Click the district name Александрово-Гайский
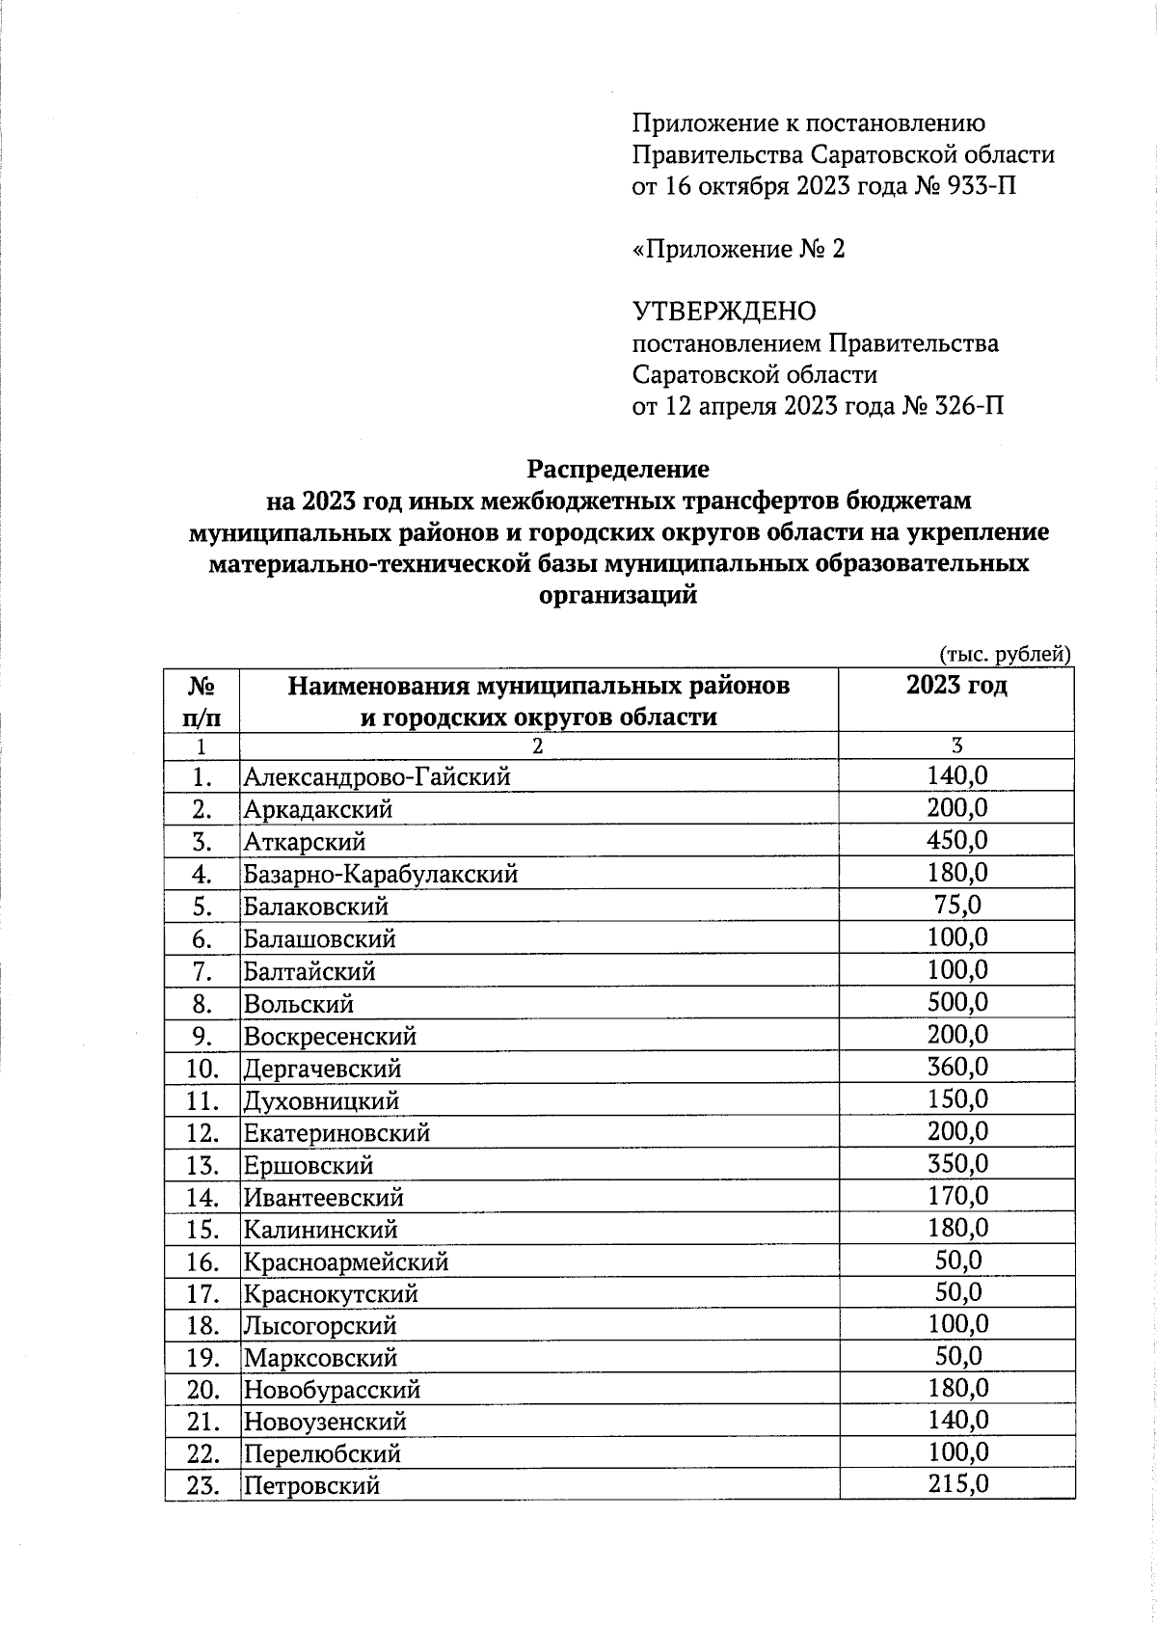pyautogui.click(x=376, y=776)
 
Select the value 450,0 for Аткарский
pyautogui.click(x=956, y=840)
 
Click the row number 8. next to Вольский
pyautogui.click(x=202, y=1004)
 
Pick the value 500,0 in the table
pyautogui.click(x=956, y=1002)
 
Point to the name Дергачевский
pyautogui.click(x=322, y=1069)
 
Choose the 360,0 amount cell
pyautogui.click(x=956, y=1067)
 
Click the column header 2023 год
pyautogui.click(x=956, y=686)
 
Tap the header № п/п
pyautogui.click(x=202, y=701)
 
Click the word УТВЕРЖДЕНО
pyautogui.click(x=723, y=312)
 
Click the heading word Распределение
pyautogui.click(x=617, y=470)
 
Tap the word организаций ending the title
pyautogui.click(x=617, y=596)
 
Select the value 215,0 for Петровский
pyautogui.click(x=956, y=1484)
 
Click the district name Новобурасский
pyautogui.click(x=332, y=1390)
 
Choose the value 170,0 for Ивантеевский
pyautogui.click(x=956, y=1197)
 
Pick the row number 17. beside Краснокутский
pyautogui.click(x=202, y=1293)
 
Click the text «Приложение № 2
pyautogui.click(x=738, y=250)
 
